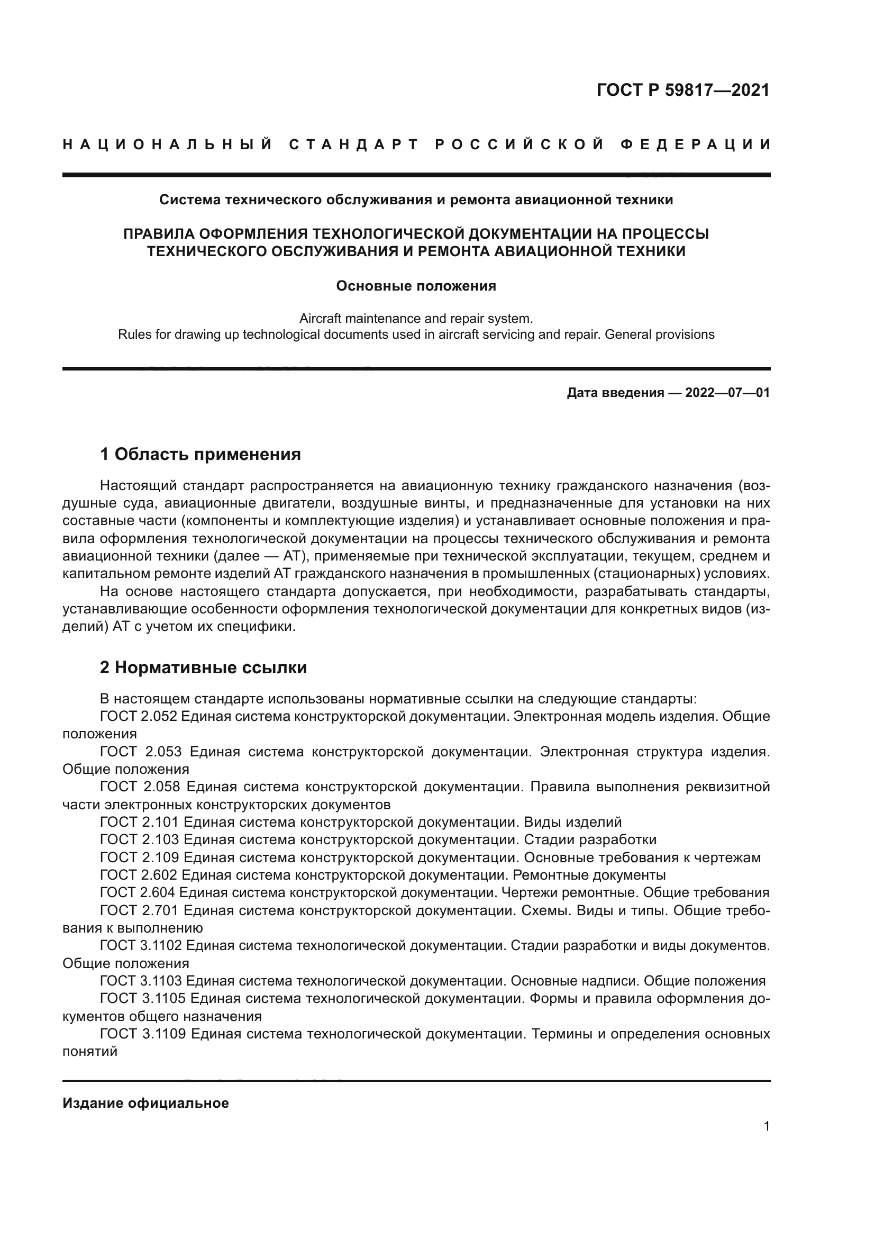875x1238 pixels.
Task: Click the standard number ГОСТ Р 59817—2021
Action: [682, 90]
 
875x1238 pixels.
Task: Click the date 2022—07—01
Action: [727, 393]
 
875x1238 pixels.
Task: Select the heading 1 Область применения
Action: [200, 455]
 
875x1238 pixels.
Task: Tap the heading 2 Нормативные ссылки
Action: [203, 667]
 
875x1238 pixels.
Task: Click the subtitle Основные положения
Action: [416, 286]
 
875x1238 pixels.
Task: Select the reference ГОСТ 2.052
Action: [139, 717]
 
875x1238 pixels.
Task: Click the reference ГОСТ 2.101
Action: [140, 823]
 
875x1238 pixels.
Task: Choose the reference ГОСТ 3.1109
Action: [143, 1034]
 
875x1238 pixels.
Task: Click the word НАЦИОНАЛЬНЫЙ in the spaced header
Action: [168, 144]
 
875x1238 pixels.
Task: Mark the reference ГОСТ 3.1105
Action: [143, 999]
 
